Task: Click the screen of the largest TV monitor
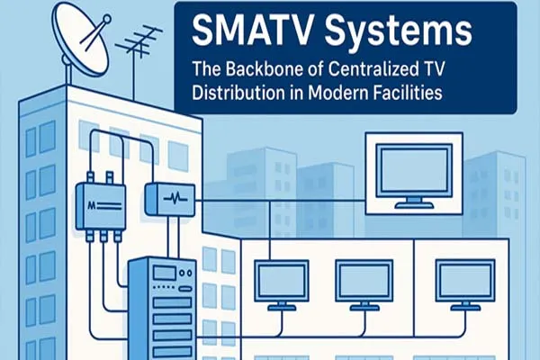pyautogui.click(x=413, y=169)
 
